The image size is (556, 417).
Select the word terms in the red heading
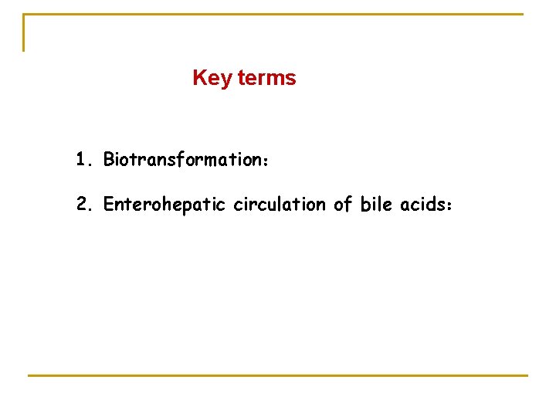[267, 78]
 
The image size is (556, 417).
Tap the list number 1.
[83, 160]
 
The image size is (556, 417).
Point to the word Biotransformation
[180, 160]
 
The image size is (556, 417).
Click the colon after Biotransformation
[264, 161]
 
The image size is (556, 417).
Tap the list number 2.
[83, 204]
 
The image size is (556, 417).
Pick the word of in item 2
[342, 204]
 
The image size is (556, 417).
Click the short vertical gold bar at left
[24, 32]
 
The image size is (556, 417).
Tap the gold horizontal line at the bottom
[278, 375]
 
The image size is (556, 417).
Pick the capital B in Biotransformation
[109, 160]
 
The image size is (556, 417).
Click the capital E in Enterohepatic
[108, 204]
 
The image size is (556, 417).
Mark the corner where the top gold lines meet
[24, 15]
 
